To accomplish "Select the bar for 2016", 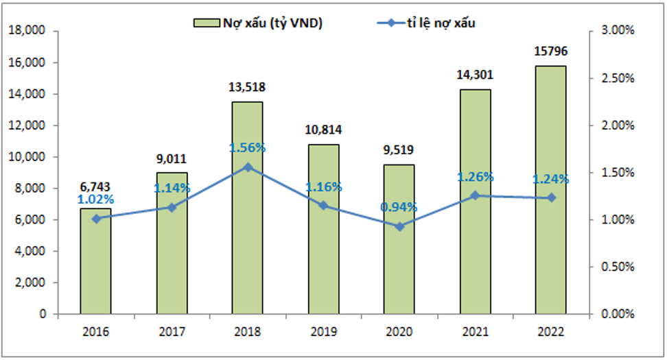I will click(95, 267).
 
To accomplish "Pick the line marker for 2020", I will click(399, 226).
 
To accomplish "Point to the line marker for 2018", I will click(247, 167).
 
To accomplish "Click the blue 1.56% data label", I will click(247, 148).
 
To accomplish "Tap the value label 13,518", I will click(247, 87).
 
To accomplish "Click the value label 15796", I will click(551, 51).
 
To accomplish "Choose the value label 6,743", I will click(95, 187).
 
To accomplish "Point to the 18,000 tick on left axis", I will click(26, 31).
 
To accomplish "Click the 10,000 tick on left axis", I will click(26, 157).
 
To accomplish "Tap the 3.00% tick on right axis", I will click(617, 31).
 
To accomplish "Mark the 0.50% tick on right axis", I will click(617, 267).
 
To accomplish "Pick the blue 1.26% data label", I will click(475, 177).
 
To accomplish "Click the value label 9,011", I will click(172, 158).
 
